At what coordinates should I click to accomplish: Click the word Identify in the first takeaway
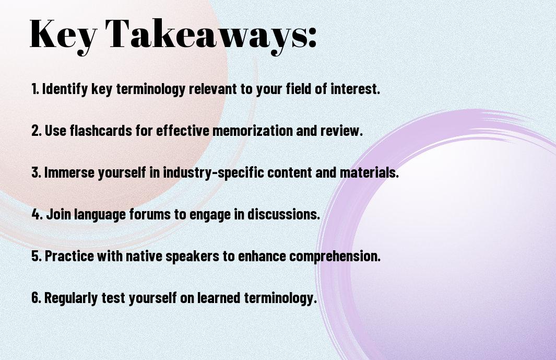point(65,89)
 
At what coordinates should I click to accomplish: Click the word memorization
point(253,131)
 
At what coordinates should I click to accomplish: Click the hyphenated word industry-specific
point(214,172)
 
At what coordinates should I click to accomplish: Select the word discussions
point(283,214)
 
